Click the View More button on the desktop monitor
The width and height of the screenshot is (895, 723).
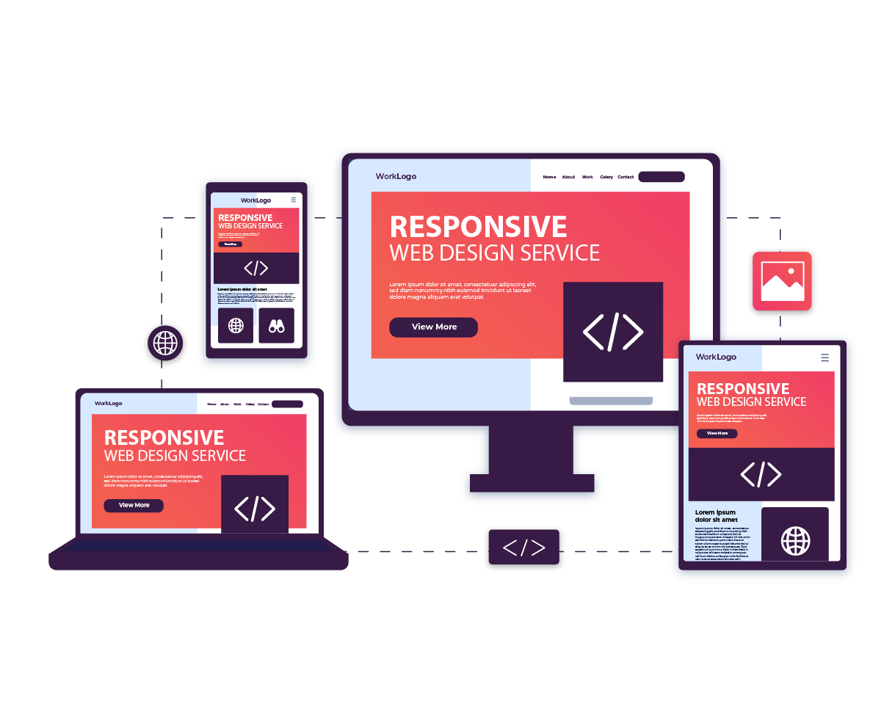(433, 327)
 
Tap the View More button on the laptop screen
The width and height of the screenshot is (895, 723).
(134, 505)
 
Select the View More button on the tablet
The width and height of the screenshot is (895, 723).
(717, 433)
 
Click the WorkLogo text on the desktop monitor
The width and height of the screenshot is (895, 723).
(396, 176)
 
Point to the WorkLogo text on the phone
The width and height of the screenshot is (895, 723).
(256, 200)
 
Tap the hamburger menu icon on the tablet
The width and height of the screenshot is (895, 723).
(825, 357)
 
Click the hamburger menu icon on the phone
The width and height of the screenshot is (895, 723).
(294, 200)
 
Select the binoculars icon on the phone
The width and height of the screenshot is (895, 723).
(276, 326)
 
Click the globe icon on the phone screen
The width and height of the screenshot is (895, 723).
(236, 325)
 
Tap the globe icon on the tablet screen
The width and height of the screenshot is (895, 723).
(795, 541)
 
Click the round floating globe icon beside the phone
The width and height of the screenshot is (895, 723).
(165, 343)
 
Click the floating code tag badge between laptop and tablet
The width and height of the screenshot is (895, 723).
(524, 548)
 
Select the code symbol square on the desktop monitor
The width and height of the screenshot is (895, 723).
(613, 332)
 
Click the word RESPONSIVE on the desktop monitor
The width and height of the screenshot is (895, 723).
(478, 227)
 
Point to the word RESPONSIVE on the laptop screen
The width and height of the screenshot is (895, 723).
(164, 437)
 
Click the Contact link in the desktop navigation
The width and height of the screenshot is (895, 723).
(626, 177)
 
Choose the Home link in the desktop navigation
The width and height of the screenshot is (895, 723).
(549, 177)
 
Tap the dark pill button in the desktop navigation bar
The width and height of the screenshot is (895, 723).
(661, 177)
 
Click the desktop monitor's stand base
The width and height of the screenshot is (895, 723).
(532, 483)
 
